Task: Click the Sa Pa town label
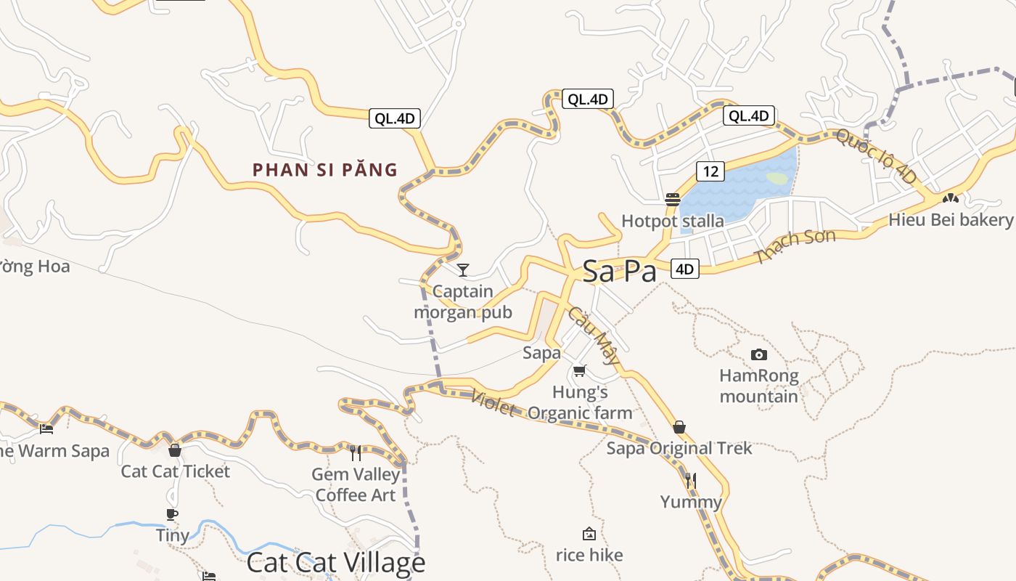619,272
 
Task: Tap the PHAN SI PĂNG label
325,170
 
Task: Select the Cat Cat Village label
335,563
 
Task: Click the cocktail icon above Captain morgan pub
463,270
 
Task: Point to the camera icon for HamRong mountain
759,354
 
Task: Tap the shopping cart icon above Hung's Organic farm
579,371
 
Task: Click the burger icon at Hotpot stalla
673,199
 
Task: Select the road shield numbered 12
710,171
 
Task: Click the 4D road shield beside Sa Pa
684,269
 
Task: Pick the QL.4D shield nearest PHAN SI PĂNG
396,118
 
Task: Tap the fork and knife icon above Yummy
691,480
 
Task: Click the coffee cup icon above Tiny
172,514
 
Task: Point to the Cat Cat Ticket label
175,471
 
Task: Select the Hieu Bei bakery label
951,220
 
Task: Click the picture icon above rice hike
589,534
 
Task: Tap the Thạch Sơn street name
795,246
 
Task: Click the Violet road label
493,402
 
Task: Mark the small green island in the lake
777,178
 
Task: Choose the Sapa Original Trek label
679,448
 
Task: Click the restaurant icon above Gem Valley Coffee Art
356,453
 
